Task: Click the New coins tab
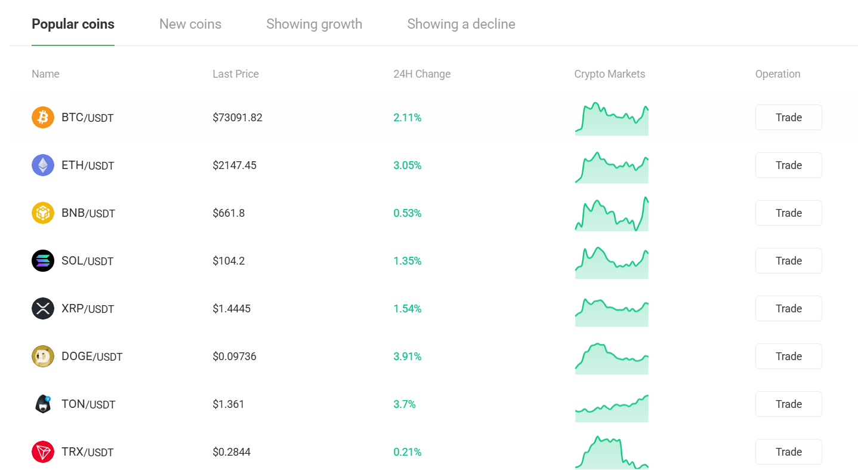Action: [x=190, y=24]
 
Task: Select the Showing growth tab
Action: [x=314, y=24]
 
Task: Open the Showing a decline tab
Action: [x=461, y=24]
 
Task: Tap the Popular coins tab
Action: [x=73, y=24]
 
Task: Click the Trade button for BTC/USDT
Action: [x=788, y=118]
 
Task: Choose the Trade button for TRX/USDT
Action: [x=788, y=452]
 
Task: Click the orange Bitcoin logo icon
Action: [x=43, y=118]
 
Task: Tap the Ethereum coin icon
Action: [x=43, y=165]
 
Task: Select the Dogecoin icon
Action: [x=43, y=357]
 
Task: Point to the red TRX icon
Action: [x=43, y=452]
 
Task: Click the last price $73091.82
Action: [x=237, y=118]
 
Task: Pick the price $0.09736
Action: [x=234, y=357]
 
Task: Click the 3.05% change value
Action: [x=408, y=165]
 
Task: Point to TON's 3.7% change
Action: [x=405, y=404]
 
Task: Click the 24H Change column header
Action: [x=422, y=74]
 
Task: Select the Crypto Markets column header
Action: [x=609, y=74]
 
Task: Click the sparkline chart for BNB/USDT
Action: [x=612, y=214]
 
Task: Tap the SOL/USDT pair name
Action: [x=87, y=261]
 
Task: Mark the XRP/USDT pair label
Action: [x=88, y=309]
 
